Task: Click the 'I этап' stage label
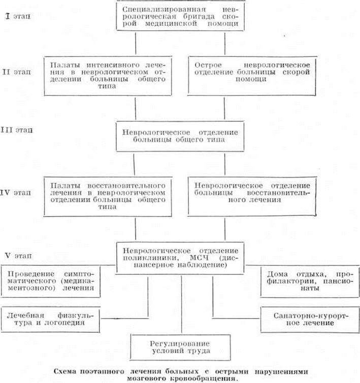click(x=17, y=16)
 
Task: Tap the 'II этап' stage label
click(x=17, y=72)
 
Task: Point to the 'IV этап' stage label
click(x=17, y=193)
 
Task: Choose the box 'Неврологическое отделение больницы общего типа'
click(x=184, y=135)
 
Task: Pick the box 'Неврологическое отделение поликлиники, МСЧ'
click(x=184, y=257)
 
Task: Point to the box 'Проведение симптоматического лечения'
click(x=50, y=280)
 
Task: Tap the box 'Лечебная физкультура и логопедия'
click(x=50, y=318)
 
